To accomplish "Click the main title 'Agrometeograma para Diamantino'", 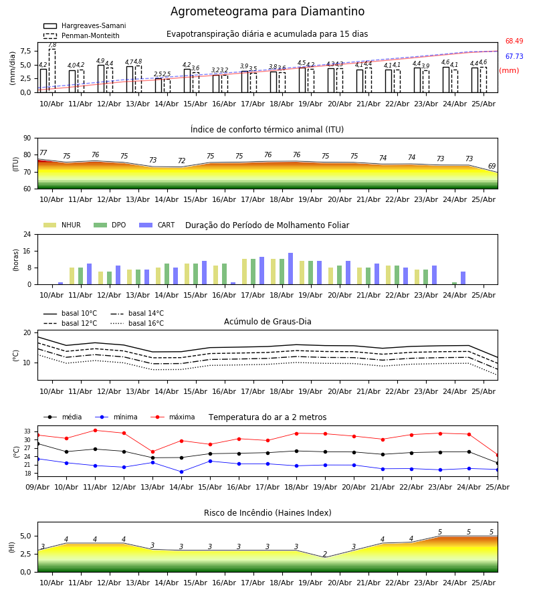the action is [267, 11].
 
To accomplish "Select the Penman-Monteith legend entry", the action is [82, 35].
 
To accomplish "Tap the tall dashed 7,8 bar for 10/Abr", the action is [52, 71].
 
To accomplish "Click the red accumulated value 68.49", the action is [514, 41].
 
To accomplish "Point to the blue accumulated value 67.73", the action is [514, 56].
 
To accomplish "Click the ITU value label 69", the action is [492, 166].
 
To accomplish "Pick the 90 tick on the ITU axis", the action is [27, 138].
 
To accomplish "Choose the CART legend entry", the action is [157, 225].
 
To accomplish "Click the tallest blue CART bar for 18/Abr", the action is [290, 269].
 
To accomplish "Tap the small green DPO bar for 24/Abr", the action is [454, 284].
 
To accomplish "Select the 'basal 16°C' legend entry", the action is [137, 323].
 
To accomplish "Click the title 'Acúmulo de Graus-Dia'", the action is [267, 322].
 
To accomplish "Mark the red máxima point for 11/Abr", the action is [95, 430].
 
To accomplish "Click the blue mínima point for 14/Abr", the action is [181, 472].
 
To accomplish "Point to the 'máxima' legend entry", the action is [173, 417].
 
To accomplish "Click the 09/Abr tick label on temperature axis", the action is [37, 487].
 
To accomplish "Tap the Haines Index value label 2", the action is [325, 554].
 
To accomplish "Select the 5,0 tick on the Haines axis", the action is [26, 536].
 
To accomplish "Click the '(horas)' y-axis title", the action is [16, 260].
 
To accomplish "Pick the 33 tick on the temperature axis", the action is [27, 431].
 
